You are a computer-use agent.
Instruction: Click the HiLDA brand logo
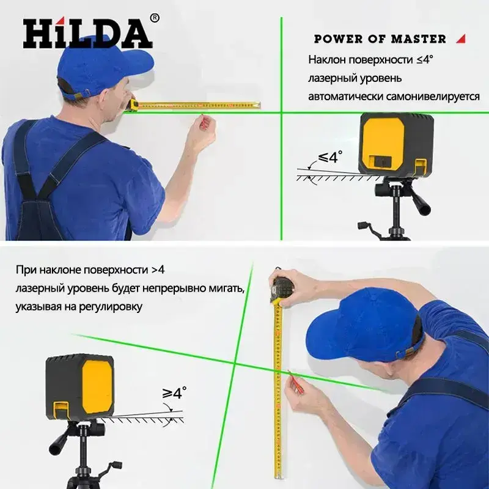click(87, 34)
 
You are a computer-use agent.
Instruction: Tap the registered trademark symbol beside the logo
click(155, 18)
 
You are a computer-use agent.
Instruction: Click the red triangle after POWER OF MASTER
click(461, 39)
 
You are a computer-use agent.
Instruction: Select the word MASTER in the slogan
click(418, 39)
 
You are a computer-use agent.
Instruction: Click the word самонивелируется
click(433, 97)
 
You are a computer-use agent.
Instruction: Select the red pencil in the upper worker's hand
click(203, 121)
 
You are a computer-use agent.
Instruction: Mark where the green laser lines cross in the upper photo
click(281, 112)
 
